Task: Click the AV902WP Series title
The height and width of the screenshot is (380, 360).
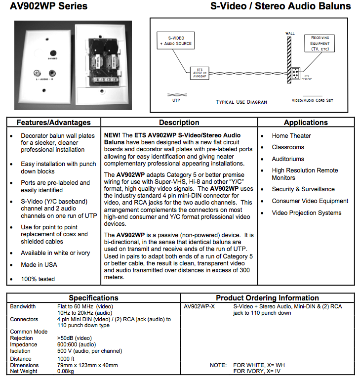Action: click(48, 6)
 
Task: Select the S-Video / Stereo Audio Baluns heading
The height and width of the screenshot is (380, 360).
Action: click(280, 6)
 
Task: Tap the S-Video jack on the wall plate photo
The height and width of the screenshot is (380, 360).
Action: click(51, 53)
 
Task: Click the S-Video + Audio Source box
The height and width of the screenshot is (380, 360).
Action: click(175, 40)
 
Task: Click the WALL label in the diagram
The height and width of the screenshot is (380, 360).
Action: click(290, 33)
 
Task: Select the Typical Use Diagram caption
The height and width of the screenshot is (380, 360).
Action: click(241, 102)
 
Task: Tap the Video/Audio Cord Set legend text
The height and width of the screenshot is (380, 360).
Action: click(312, 100)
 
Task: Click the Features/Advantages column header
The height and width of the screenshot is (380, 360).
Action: click(53, 123)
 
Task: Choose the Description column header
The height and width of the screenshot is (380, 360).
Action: click(179, 123)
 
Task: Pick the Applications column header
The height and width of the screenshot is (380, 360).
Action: click(306, 123)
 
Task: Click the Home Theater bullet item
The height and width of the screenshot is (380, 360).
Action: click(291, 136)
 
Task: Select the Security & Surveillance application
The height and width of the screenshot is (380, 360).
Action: click(303, 189)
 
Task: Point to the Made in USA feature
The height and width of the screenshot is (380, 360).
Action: click(39, 265)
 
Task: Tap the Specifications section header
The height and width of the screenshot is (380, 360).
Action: click(93, 298)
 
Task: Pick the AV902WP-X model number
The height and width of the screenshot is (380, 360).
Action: click(199, 307)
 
